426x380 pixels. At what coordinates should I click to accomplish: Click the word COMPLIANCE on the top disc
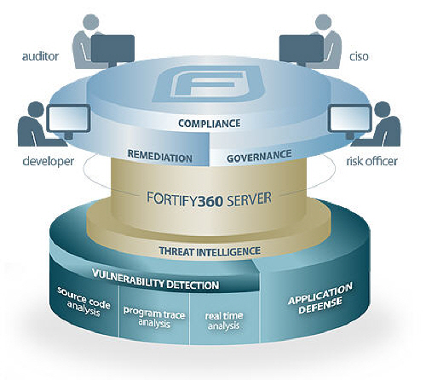[210, 124]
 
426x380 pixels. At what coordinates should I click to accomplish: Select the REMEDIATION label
[160, 157]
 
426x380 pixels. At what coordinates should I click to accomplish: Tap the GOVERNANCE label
[259, 157]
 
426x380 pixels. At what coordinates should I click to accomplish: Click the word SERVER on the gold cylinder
[248, 199]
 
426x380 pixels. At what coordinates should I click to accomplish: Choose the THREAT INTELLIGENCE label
[210, 251]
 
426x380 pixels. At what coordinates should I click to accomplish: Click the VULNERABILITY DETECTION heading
[156, 279]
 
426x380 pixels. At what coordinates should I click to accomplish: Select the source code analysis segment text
[83, 302]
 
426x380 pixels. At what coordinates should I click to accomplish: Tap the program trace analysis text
[154, 317]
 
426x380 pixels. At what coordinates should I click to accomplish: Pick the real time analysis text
[224, 320]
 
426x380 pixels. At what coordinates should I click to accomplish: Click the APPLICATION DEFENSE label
[320, 298]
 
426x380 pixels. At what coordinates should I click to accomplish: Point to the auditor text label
[40, 56]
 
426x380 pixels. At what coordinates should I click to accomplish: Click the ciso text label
[359, 56]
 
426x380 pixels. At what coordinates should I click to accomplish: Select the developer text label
[49, 161]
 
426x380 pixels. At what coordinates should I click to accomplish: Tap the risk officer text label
[371, 161]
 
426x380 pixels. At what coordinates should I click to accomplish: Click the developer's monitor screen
[68, 118]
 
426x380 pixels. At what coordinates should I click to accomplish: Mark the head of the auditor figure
[91, 22]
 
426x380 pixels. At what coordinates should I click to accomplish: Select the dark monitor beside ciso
[302, 49]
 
